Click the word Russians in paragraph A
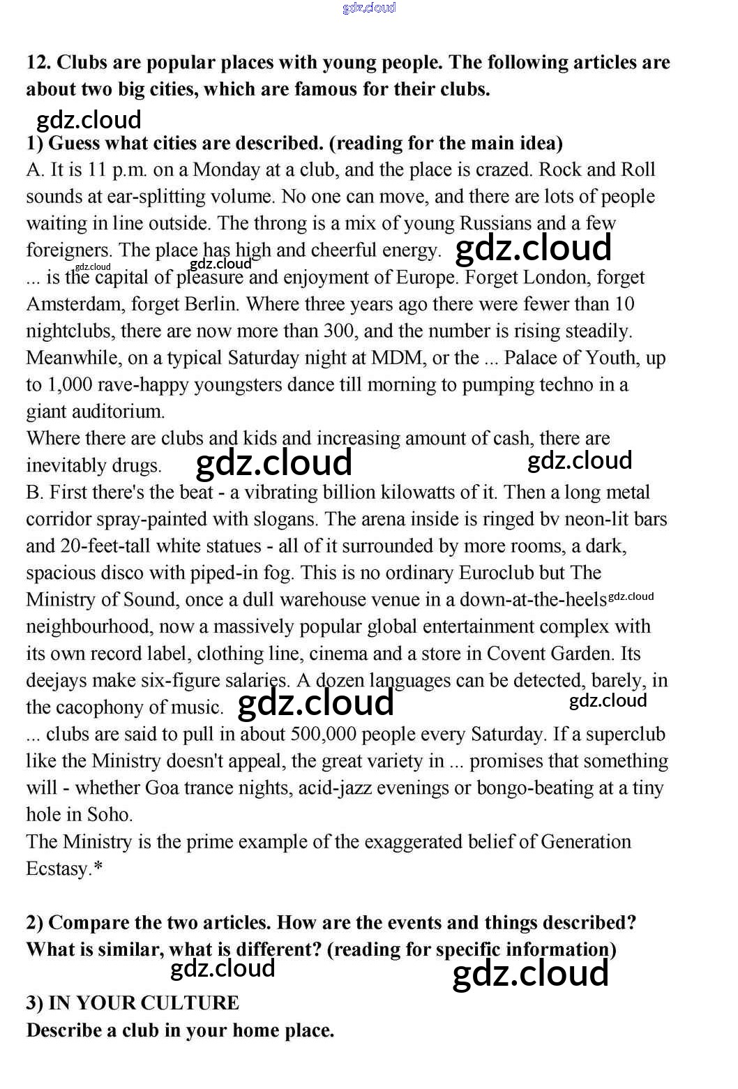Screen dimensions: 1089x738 click(x=494, y=223)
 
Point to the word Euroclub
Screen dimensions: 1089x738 click(x=497, y=573)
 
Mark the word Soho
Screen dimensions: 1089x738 click(x=110, y=815)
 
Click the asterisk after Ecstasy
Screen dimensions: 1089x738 click(x=98, y=868)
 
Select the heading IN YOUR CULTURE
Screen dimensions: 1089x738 click(x=144, y=1003)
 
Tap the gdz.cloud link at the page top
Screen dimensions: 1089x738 click(x=369, y=8)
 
